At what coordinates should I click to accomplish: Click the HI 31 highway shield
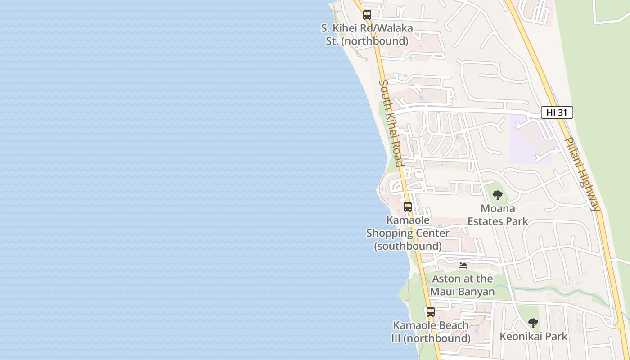click(557, 112)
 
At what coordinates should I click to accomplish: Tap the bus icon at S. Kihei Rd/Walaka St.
click(367, 15)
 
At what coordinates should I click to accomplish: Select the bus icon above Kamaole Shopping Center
click(408, 207)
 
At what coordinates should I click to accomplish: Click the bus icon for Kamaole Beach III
click(431, 311)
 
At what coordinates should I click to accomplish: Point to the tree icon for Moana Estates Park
click(497, 195)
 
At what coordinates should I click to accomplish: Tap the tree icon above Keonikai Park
click(533, 323)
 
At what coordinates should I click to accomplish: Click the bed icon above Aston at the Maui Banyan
click(463, 265)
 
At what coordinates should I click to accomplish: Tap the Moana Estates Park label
click(498, 215)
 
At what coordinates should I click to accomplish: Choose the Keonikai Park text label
click(533, 337)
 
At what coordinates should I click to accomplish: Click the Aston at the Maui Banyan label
click(463, 285)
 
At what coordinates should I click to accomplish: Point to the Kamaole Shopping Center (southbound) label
click(408, 233)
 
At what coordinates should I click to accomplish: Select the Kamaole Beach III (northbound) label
click(431, 332)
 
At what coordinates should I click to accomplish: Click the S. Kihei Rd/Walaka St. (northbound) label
click(367, 35)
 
